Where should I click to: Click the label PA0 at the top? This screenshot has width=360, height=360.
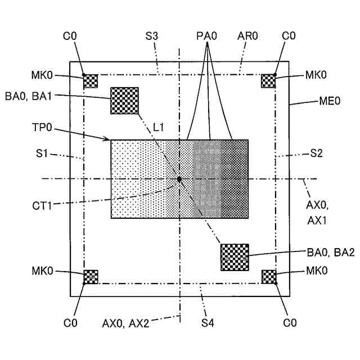pos(206,37)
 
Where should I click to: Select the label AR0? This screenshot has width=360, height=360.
pos(247,37)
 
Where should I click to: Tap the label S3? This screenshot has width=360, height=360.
pos(151,37)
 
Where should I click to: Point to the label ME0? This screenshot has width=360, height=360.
pos(330,102)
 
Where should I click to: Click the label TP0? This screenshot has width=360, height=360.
pos(42,128)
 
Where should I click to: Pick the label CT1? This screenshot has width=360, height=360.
pos(42,205)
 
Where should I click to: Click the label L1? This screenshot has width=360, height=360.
pos(158,128)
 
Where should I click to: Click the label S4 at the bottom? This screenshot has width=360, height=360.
pos(208,323)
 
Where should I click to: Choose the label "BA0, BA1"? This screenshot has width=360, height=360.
pos(29,96)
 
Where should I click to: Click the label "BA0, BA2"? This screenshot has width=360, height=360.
pos(331,253)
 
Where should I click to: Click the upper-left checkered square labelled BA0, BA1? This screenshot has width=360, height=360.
pos(124,101)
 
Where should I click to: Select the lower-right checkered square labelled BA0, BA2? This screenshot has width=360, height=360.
pos(235,257)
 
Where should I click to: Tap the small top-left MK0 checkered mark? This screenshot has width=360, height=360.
pos(91,81)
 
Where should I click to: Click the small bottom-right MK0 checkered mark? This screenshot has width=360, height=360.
pos(269,277)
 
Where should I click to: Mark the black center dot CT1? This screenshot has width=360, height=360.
pos(179,179)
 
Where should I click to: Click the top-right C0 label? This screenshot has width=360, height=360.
pos(289,37)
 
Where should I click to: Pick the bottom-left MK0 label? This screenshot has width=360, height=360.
pos(42,271)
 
